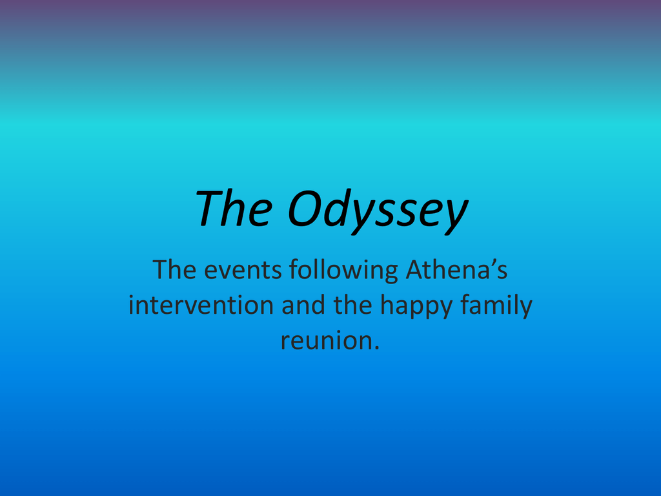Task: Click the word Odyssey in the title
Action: click(x=378, y=211)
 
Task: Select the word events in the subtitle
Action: click(x=243, y=271)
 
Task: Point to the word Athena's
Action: click(x=456, y=269)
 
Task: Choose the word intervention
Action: click(x=201, y=305)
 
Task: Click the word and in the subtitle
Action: click(x=303, y=305)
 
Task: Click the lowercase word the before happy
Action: click(x=353, y=305)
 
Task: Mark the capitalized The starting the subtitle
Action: click(x=174, y=269)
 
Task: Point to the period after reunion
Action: click(x=376, y=348)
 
